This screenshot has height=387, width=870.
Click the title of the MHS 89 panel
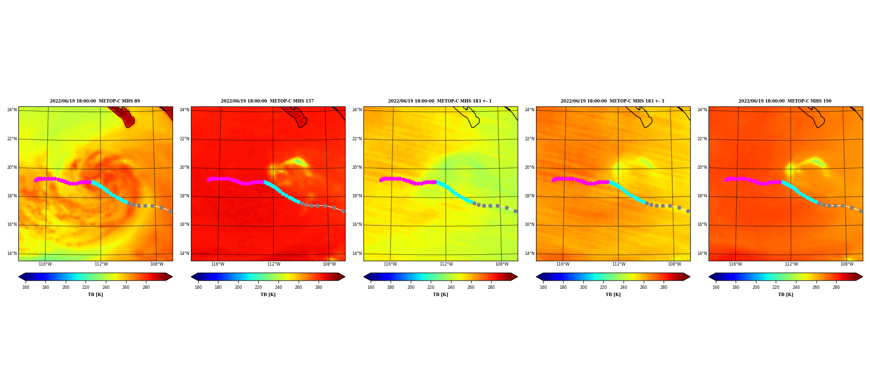[95, 101]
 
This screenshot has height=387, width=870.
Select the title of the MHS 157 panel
[267, 101]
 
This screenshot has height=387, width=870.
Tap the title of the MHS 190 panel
[785, 101]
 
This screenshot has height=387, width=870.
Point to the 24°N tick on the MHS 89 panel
[12, 110]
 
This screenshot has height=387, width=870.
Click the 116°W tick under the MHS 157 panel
[217, 264]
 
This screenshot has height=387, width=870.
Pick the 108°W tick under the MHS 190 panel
[847, 264]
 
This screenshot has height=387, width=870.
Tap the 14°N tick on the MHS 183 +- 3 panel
[530, 253]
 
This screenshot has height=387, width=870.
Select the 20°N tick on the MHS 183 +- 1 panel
[357, 167]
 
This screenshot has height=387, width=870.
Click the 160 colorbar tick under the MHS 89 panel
[26, 287]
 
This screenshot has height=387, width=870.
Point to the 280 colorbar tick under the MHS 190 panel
[836, 287]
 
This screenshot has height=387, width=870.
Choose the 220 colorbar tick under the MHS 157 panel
[258, 287]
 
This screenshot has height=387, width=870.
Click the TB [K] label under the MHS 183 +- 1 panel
[440, 295]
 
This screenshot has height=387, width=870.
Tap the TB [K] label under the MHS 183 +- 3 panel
[613, 295]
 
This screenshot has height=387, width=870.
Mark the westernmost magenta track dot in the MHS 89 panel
[36, 180]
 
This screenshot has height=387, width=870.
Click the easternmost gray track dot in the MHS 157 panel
[343, 211]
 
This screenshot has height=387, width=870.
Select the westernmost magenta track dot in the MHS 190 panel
[726, 180]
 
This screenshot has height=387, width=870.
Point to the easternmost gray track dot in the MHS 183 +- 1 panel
[515, 211]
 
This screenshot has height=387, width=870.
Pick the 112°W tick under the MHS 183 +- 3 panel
[619, 264]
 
